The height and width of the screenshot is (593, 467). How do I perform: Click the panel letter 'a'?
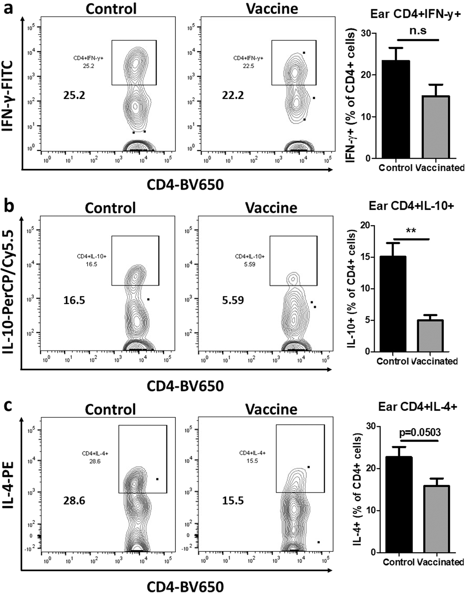[8, 8]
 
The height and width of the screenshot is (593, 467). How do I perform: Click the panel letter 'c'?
[8, 406]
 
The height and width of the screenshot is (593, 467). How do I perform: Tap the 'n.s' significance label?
[418, 31]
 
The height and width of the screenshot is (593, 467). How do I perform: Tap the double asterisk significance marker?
[411, 231]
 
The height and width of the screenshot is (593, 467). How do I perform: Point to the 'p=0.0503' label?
[420, 432]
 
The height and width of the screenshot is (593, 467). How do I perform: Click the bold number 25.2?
[74, 95]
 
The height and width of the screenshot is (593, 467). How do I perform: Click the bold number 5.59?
[233, 300]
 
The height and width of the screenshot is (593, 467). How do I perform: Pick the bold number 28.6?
[74, 500]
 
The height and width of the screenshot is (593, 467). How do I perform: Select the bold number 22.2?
[233, 95]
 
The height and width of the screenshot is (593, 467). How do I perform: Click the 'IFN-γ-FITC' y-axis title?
[8, 96]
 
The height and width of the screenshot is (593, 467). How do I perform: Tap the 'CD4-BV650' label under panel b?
[185, 386]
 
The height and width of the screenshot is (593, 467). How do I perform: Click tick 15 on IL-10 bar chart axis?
[365, 257]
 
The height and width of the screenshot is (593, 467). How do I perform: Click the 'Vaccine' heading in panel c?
[271, 409]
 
